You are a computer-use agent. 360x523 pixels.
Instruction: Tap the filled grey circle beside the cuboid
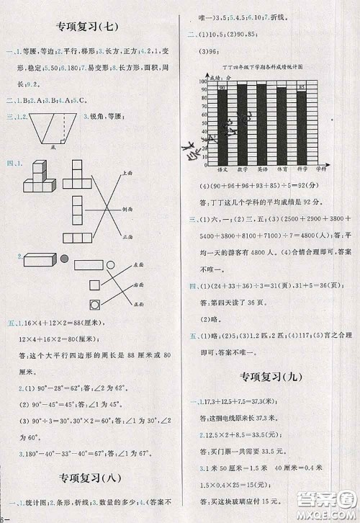click(x=64, y=258)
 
